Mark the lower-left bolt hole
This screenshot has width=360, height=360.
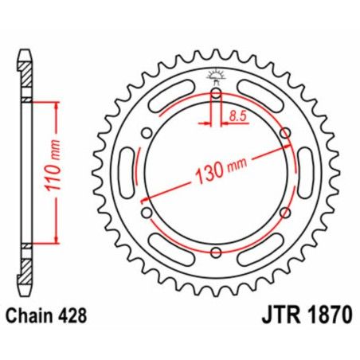pos(147,213)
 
